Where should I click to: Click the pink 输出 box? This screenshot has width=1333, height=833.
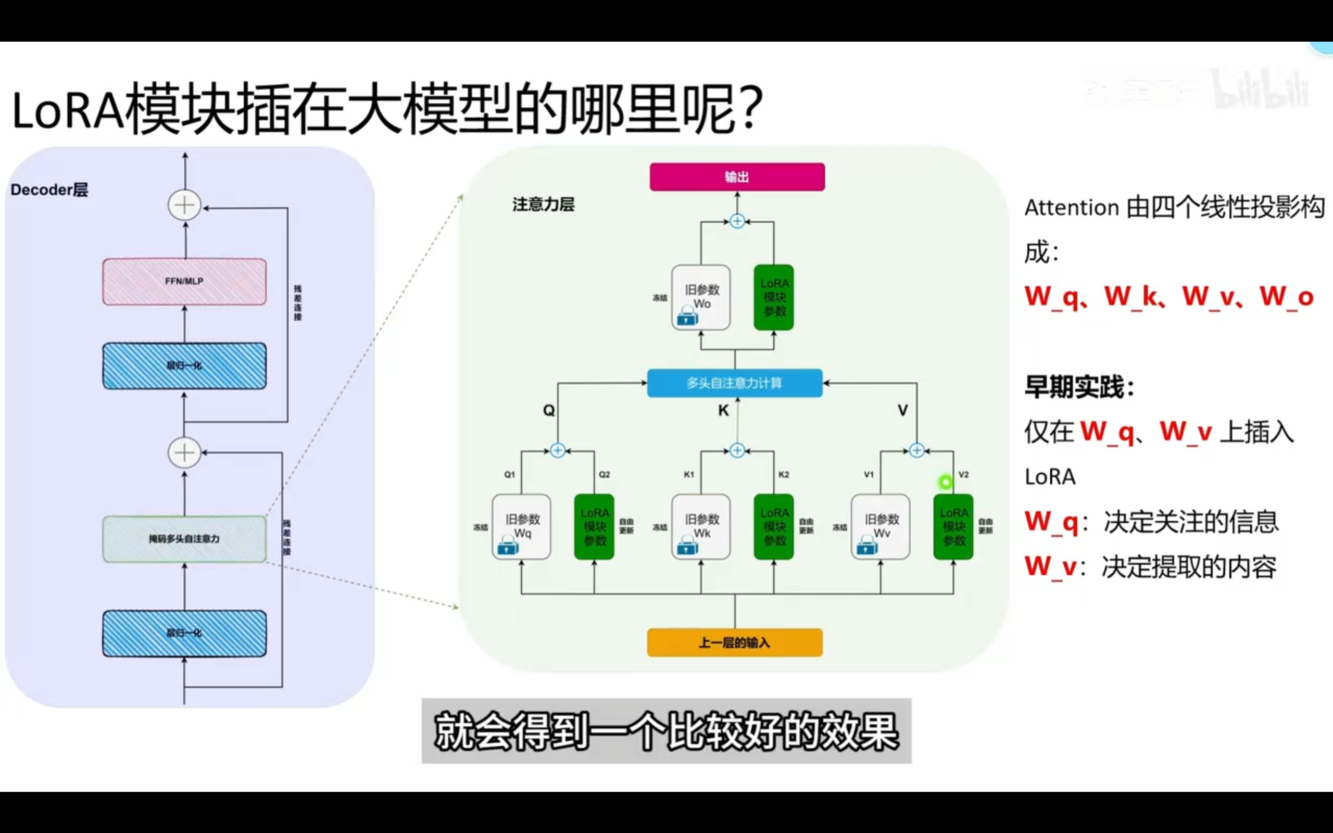point(737,177)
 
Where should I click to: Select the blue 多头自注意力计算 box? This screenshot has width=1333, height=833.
point(734,383)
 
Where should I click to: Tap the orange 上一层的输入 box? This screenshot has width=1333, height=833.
point(734,642)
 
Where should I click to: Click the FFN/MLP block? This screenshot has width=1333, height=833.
point(184,282)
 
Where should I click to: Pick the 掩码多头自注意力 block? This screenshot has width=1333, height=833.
point(184,539)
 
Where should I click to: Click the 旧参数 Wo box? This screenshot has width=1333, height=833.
point(701,297)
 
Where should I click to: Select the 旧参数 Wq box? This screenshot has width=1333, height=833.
point(521,527)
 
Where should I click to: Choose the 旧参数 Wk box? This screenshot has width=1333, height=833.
point(701,527)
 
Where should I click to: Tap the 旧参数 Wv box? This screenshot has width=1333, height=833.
point(880,527)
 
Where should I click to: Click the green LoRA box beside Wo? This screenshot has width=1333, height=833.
point(774,297)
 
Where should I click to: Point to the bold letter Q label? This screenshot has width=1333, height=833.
point(549,410)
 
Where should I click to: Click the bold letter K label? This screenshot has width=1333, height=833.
point(723,410)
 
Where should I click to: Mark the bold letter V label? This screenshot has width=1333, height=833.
point(902,410)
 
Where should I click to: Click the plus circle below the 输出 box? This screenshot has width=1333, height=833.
point(737,221)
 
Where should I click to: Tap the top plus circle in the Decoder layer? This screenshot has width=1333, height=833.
point(184,206)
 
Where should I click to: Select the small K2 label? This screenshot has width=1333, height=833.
point(783,474)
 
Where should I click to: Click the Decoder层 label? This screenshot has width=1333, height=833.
point(49,190)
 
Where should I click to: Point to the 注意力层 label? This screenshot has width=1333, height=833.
point(543,205)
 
